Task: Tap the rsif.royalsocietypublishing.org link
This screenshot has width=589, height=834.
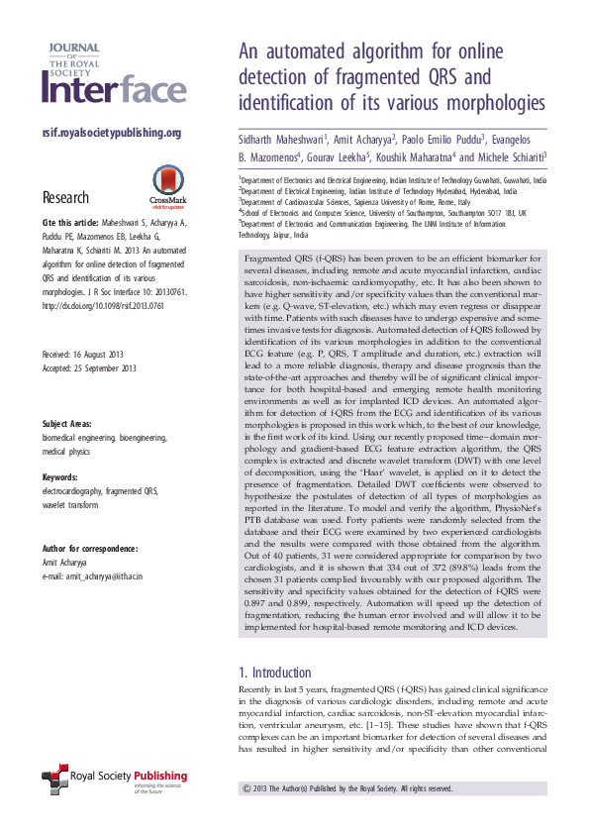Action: click(112, 133)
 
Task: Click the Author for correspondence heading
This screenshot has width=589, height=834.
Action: click(89, 549)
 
